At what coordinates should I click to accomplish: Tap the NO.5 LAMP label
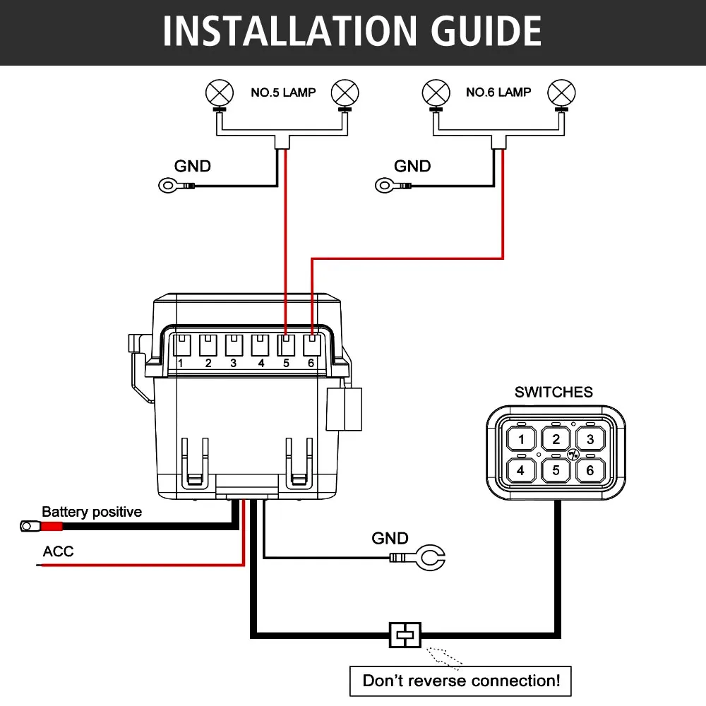tap(283, 92)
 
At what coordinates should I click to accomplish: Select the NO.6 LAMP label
tap(498, 92)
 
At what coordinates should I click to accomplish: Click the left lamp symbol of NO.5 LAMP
tap(220, 93)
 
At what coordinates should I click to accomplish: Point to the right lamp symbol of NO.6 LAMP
tap(561, 93)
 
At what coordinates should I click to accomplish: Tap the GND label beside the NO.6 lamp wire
tap(412, 166)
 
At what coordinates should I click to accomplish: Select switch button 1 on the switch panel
tap(521, 439)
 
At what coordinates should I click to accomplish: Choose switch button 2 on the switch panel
tap(556, 439)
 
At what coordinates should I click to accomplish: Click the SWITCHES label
tap(554, 392)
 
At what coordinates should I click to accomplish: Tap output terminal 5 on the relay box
tap(286, 345)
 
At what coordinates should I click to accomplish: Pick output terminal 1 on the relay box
tap(182, 345)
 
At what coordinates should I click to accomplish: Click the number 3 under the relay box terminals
tap(233, 363)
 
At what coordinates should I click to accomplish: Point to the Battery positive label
tap(92, 512)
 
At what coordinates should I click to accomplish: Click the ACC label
tap(58, 551)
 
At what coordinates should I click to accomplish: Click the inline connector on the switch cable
tap(405, 635)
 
